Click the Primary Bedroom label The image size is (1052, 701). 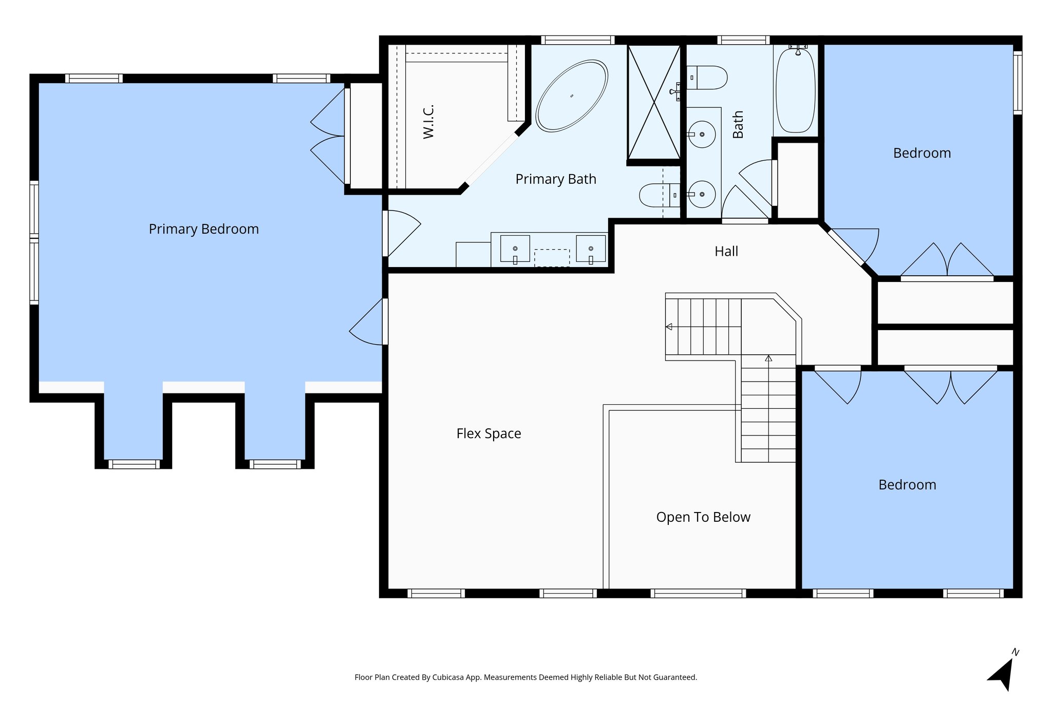[x=203, y=229]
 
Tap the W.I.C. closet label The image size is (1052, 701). [x=428, y=122]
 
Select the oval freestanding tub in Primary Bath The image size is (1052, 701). [x=571, y=96]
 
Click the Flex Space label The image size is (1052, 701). [x=489, y=433]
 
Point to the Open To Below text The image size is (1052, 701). [x=703, y=517]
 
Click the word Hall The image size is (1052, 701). [x=726, y=252]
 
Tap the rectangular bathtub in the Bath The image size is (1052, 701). [x=795, y=91]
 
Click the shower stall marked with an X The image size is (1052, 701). [x=654, y=102]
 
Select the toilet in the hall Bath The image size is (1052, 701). [x=707, y=78]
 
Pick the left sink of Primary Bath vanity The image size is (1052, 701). [x=515, y=249]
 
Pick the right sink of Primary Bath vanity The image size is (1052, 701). [x=590, y=249]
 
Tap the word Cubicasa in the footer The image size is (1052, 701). [x=446, y=677]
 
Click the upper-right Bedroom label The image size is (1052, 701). [x=922, y=153]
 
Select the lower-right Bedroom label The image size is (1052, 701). [x=907, y=485]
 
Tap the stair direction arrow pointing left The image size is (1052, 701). [x=669, y=327]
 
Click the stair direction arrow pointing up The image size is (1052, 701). [x=768, y=358]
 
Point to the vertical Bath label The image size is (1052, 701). [x=738, y=125]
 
